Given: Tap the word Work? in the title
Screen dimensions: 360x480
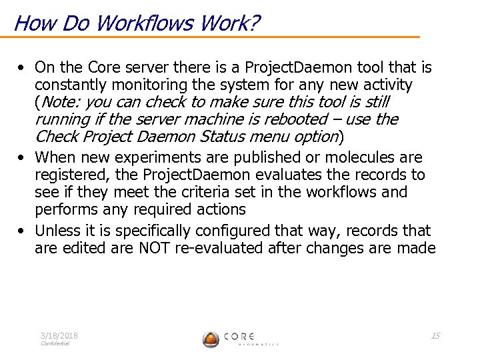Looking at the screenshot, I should (x=225, y=23).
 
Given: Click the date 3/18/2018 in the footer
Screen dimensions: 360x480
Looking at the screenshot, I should (x=59, y=336).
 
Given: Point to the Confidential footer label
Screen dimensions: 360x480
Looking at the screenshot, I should (x=55, y=344).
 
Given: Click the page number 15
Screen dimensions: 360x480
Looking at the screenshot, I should (x=435, y=335).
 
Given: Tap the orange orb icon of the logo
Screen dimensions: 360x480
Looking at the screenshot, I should (x=211, y=339).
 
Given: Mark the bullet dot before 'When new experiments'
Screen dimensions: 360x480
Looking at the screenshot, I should (x=23, y=158).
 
